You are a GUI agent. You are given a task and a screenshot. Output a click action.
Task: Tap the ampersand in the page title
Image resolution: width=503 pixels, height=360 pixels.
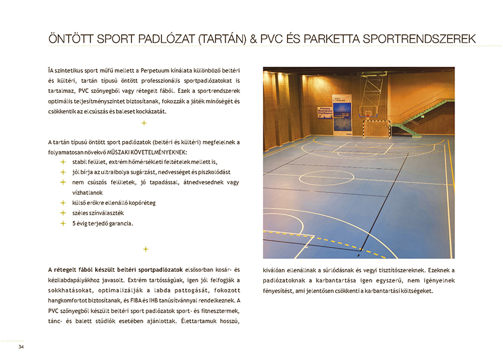pyautogui.click(x=253, y=39)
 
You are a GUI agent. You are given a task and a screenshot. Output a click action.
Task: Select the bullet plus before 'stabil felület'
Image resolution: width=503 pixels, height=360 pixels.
pyautogui.click(x=62, y=162)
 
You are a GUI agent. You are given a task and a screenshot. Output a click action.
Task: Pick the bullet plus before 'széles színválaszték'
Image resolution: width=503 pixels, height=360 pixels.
pyautogui.click(x=62, y=213)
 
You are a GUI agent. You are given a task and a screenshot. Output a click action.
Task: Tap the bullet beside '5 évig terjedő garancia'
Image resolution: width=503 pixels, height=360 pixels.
pyautogui.click(x=62, y=223)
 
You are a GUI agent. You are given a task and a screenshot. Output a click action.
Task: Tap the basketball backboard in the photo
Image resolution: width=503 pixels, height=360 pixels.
pyautogui.click(x=374, y=95)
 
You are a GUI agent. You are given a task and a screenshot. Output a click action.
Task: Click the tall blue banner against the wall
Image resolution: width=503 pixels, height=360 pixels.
pyautogui.click(x=342, y=115)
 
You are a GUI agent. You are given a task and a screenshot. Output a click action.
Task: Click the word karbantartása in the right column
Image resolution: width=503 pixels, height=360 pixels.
pyautogui.click(x=330, y=281)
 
